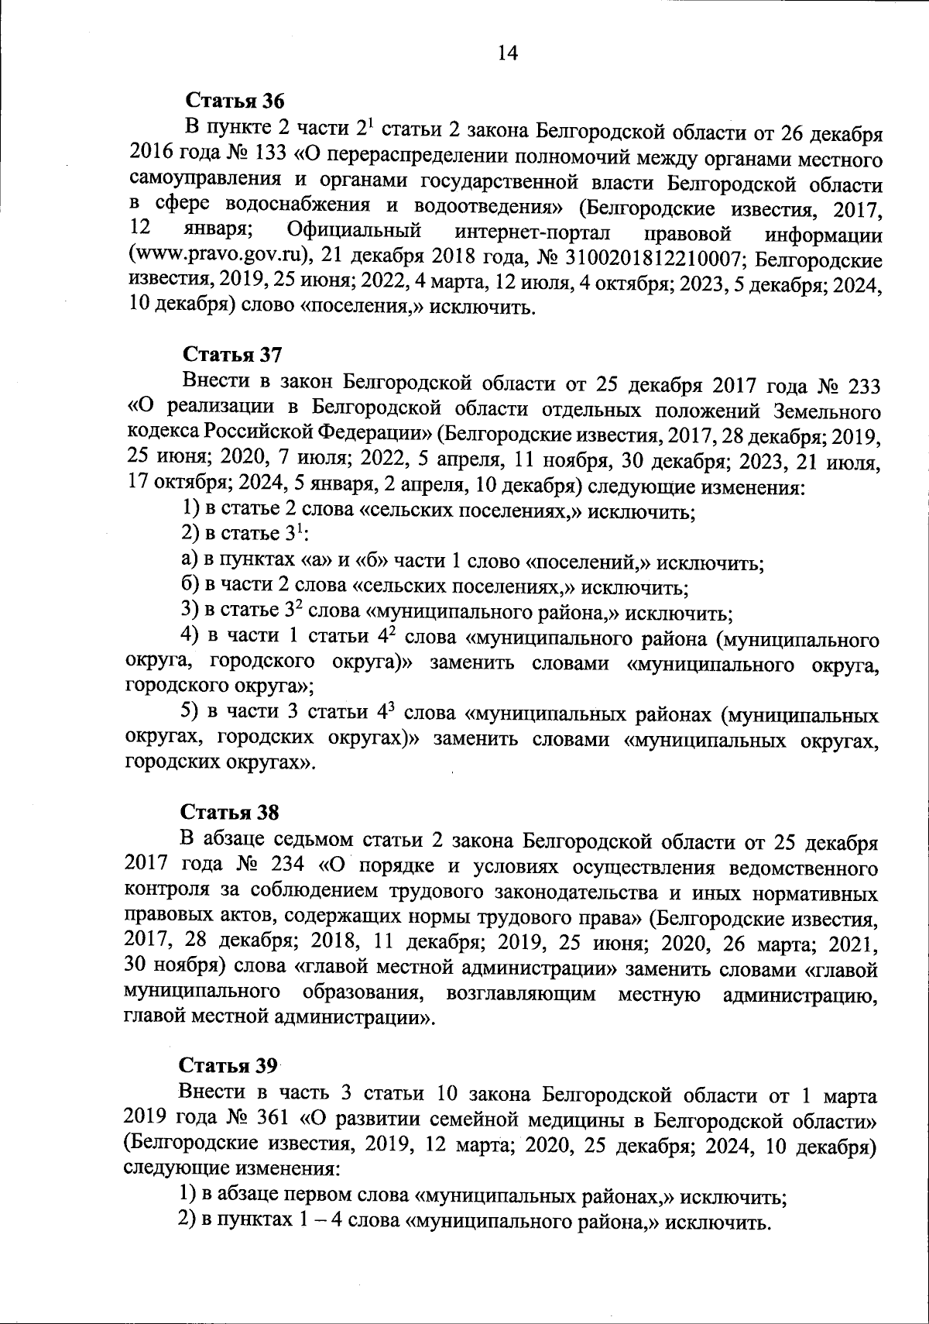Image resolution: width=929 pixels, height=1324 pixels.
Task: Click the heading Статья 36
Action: click(x=235, y=101)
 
